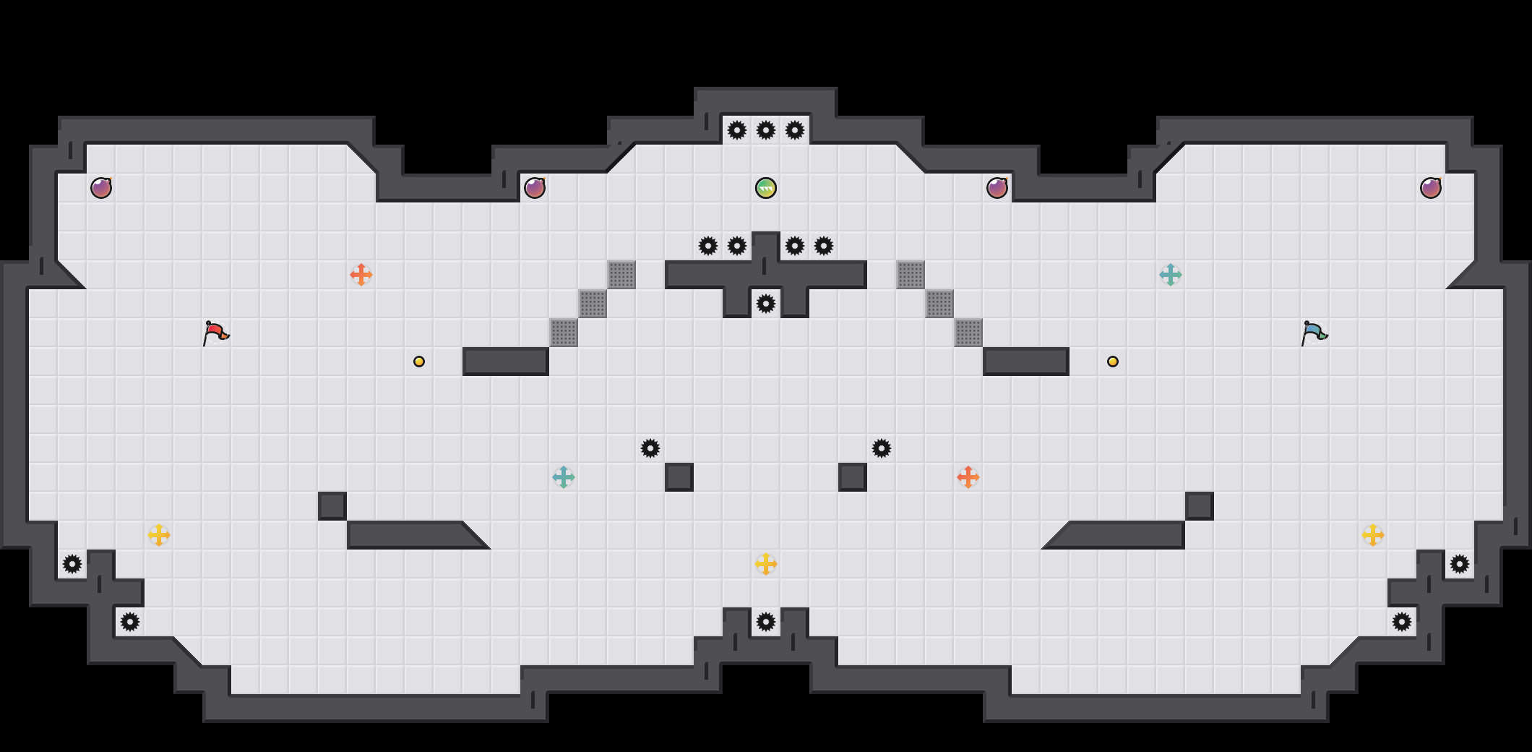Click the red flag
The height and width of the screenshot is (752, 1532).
pyautogui.click(x=215, y=333)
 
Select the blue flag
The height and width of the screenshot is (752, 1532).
pyautogui.click(x=1314, y=333)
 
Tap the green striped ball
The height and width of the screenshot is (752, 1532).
pyautogui.click(x=766, y=188)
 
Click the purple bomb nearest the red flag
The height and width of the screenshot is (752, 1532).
pyautogui.click(x=101, y=188)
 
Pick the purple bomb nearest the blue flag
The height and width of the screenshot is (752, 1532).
pyautogui.click(x=1431, y=188)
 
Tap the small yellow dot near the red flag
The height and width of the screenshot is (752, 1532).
pyautogui.click(x=419, y=362)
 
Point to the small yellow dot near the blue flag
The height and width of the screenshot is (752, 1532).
pyautogui.click(x=1113, y=362)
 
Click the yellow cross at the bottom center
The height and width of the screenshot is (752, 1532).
pyautogui.click(x=766, y=564)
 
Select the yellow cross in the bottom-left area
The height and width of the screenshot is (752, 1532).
pyautogui.click(x=159, y=535)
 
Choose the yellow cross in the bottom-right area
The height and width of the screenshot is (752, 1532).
pyautogui.click(x=1373, y=535)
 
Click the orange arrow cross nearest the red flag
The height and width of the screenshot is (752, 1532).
pyautogui.click(x=361, y=275)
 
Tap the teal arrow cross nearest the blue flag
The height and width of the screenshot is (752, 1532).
pyautogui.click(x=1171, y=275)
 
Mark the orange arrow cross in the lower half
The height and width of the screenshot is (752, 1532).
pyautogui.click(x=968, y=477)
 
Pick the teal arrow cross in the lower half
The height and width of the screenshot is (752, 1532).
pyautogui.click(x=564, y=477)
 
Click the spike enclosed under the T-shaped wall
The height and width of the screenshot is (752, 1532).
pyautogui.click(x=766, y=304)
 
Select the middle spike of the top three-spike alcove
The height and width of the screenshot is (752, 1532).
pyautogui.click(x=766, y=130)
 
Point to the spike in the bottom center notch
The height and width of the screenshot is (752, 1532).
pyautogui.click(x=766, y=622)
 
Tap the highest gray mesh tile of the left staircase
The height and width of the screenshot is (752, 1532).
pyautogui.click(x=621, y=275)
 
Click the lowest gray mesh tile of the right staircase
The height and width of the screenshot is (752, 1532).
pyautogui.click(x=968, y=333)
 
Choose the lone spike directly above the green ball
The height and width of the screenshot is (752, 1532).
pyautogui.click(x=766, y=130)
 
